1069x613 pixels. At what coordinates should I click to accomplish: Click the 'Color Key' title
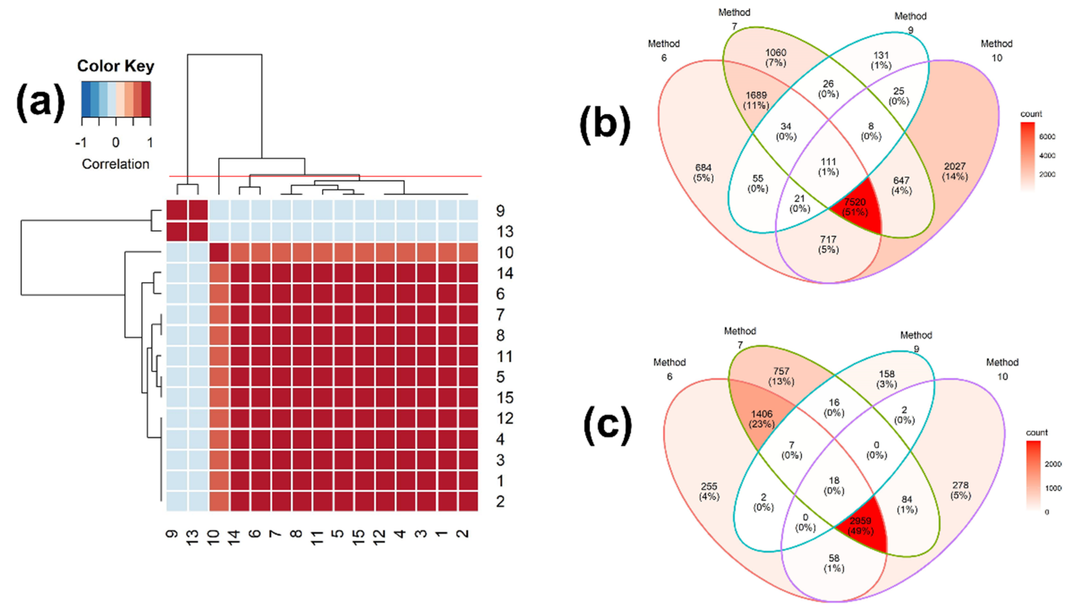(x=115, y=66)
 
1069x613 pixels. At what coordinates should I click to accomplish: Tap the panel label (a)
(x=40, y=102)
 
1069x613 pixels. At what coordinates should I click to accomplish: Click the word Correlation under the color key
(x=115, y=164)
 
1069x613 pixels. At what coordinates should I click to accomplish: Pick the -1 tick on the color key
(x=81, y=143)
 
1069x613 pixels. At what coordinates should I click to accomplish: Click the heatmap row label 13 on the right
(x=505, y=231)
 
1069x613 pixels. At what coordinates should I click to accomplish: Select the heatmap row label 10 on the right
(x=505, y=252)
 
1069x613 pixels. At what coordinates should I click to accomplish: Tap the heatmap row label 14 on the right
(x=505, y=273)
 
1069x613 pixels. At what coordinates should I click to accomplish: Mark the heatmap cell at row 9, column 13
(x=198, y=210)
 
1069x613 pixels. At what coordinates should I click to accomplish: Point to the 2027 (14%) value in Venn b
(x=954, y=171)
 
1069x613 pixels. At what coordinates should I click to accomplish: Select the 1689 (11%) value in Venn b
(x=756, y=100)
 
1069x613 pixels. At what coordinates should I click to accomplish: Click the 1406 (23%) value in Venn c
(x=762, y=419)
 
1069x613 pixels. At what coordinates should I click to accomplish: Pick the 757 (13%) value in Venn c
(x=781, y=376)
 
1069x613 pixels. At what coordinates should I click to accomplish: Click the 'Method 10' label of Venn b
(x=996, y=51)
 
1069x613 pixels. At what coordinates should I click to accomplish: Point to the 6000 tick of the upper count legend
(x=1047, y=136)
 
